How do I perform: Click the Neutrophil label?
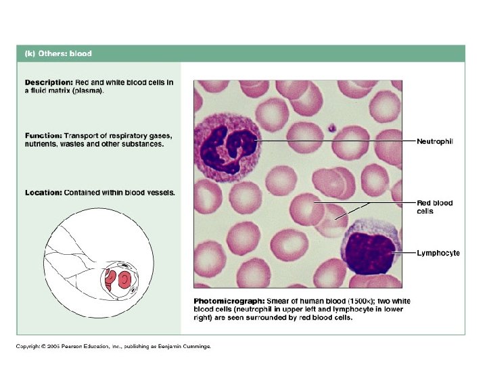[x=434, y=141]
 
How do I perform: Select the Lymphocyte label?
[x=438, y=253]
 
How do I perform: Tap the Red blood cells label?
[x=434, y=207]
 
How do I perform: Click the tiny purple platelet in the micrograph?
[x=331, y=126]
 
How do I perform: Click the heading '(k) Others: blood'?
[x=58, y=53]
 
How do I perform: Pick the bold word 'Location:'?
[x=43, y=193]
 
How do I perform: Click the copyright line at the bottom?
[x=114, y=346]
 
